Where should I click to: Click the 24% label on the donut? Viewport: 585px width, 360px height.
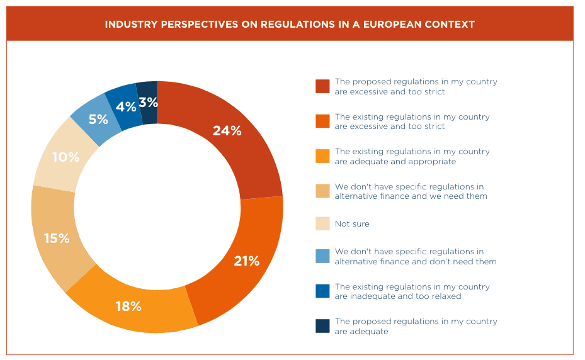[x=227, y=131]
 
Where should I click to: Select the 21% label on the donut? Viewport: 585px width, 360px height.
[x=246, y=261]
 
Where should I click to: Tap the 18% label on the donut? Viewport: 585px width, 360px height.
[x=128, y=307]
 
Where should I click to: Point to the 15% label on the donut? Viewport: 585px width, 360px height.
[x=56, y=239]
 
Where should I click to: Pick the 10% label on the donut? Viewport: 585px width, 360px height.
[x=65, y=157]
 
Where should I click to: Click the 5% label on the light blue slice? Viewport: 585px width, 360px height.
[x=98, y=119]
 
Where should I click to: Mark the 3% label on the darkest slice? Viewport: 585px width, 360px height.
[x=148, y=102]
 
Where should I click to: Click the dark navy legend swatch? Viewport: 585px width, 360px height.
[x=322, y=325]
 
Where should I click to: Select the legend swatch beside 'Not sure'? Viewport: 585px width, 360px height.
[x=322, y=223]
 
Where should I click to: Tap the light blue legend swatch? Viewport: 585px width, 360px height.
[x=322, y=256]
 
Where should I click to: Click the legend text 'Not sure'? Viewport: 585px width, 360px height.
[x=352, y=224]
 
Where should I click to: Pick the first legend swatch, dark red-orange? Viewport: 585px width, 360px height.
[x=322, y=86]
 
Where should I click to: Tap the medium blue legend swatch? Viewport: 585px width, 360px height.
[x=322, y=291]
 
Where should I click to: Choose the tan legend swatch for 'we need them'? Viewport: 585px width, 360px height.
[x=322, y=191]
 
